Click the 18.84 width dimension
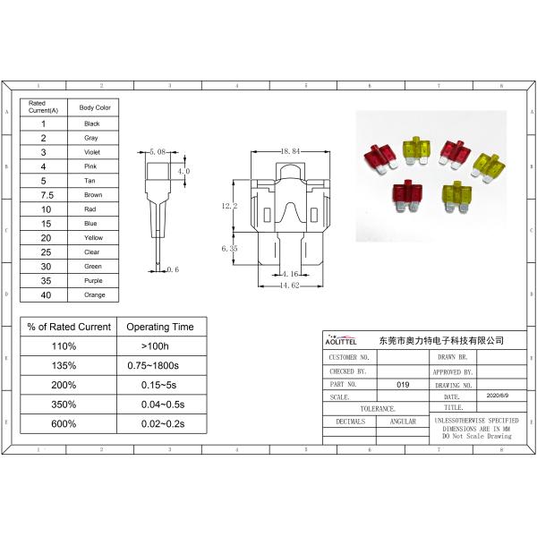tap(288, 151)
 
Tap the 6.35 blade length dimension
tap(228, 249)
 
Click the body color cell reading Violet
tap(92, 152)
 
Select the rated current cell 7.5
tap(43, 195)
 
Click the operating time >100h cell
tap(160, 345)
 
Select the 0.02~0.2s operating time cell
tap(160, 423)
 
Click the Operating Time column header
tap(160, 326)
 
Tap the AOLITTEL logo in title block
tap(340, 341)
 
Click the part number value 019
tap(403, 383)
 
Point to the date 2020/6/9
tap(497, 395)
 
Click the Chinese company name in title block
tap(442, 341)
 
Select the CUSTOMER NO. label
tap(349, 356)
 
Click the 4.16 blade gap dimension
tap(288, 273)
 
